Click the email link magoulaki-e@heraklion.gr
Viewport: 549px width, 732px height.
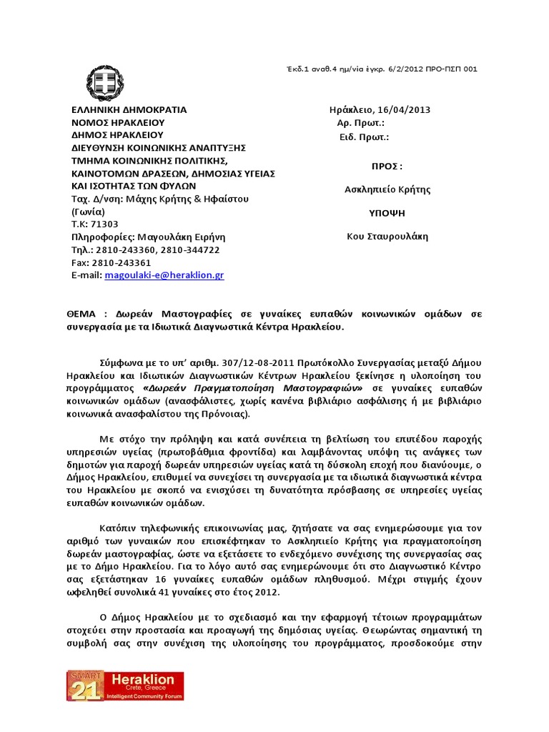point(164,274)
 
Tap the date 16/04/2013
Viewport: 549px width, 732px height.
point(405,110)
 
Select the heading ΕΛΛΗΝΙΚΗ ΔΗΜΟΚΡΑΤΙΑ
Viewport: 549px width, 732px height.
point(129,110)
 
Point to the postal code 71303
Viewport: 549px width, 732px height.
point(103,224)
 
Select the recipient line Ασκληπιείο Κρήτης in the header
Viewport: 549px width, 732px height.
point(387,189)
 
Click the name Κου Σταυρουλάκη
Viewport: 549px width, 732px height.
point(387,237)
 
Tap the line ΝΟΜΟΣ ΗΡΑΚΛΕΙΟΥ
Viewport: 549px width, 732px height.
point(118,122)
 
